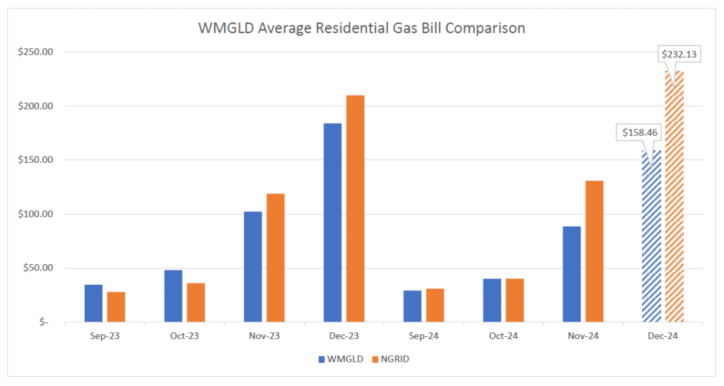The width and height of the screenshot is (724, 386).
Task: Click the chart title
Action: [361, 29]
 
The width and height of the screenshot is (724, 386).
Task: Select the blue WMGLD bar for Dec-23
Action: [332, 222]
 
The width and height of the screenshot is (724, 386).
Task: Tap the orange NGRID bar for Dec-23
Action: [355, 208]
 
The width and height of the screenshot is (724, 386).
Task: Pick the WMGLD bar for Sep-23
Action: [93, 303]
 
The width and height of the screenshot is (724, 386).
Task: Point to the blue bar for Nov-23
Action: [252, 266]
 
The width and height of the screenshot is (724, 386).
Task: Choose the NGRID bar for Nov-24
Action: [594, 251]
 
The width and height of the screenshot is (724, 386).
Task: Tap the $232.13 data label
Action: [679, 54]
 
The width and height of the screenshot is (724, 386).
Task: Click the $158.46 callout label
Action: [640, 132]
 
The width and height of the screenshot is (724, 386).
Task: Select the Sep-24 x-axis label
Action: [423, 336]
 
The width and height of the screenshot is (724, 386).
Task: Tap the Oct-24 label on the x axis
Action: [503, 336]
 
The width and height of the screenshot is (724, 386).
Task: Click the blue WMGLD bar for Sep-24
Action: [412, 306]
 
